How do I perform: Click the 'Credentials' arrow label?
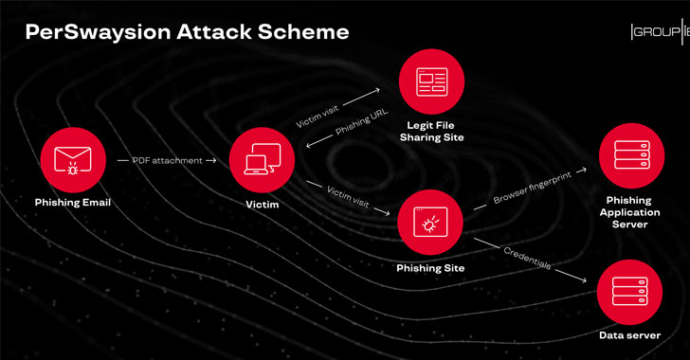coord(527,258)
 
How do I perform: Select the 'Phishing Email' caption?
coord(72,202)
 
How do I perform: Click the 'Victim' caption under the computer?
coord(259,202)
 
